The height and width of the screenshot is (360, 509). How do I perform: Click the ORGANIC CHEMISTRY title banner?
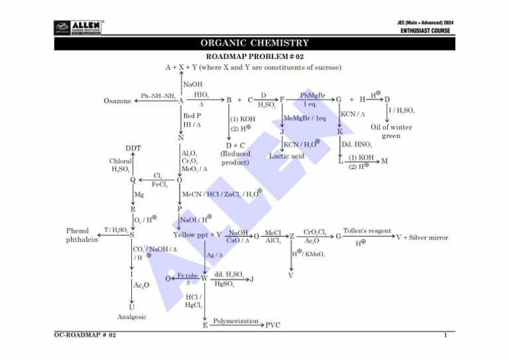(x=254, y=44)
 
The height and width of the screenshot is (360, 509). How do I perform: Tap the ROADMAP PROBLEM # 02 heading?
(x=254, y=58)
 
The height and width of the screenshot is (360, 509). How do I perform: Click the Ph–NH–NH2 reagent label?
(x=158, y=96)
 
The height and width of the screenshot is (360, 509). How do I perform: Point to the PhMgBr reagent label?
(x=312, y=96)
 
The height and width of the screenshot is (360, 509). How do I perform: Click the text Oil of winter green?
(x=391, y=131)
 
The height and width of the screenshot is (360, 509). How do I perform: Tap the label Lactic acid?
(x=286, y=156)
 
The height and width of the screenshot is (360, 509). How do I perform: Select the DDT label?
(x=133, y=148)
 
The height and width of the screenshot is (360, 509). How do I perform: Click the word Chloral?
(x=120, y=161)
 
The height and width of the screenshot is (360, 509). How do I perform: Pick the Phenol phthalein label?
(x=82, y=235)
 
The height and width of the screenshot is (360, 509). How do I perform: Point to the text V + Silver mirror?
(x=422, y=237)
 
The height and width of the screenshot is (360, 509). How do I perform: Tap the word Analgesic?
(x=131, y=317)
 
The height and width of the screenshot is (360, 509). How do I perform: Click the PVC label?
(x=272, y=326)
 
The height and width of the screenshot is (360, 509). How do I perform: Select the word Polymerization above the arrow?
(x=235, y=321)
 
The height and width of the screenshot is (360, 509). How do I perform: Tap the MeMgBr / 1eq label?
(x=304, y=118)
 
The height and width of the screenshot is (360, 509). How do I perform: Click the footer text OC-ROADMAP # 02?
(x=85, y=336)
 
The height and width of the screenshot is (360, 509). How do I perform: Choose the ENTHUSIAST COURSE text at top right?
(x=425, y=30)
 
